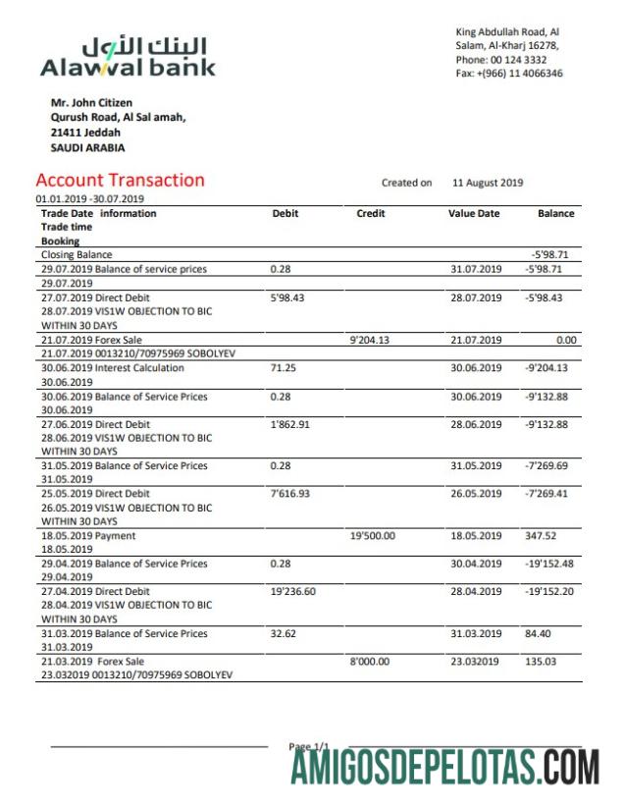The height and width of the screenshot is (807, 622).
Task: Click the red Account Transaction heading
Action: coord(120,180)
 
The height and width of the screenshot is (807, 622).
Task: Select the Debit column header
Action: coord(285,213)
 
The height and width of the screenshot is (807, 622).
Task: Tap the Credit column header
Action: coord(370,213)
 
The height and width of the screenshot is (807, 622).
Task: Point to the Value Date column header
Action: coord(474,213)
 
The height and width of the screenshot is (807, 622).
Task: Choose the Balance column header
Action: coord(555,213)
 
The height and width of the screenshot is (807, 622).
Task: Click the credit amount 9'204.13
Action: coord(370,341)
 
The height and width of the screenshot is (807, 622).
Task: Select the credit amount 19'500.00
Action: coord(372,536)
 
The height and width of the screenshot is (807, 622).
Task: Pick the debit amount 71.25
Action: coord(283,368)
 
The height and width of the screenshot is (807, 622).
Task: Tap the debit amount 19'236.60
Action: coord(292,592)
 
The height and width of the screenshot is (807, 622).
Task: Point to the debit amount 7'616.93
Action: coord(289,494)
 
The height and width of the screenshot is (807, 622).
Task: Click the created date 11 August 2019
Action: coord(488,183)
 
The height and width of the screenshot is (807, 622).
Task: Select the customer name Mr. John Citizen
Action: coord(91,103)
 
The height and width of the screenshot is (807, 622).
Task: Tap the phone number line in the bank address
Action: coord(501,60)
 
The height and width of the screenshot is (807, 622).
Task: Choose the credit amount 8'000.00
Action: coord(369,662)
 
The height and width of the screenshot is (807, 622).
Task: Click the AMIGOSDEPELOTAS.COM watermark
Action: coord(444,765)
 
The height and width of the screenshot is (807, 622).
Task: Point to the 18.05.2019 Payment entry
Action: coord(88,536)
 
